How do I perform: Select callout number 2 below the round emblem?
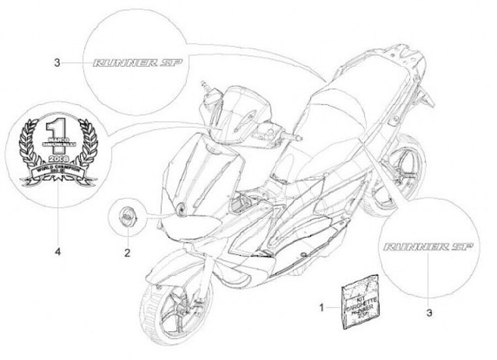(127, 252)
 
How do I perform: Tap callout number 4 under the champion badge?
(58, 252)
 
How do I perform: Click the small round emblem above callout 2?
(126, 215)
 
